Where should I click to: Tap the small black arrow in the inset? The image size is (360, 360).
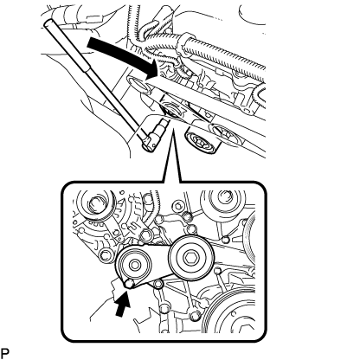(122, 305)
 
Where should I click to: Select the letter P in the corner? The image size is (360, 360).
(5, 353)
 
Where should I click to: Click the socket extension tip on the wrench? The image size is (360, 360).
(163, 125)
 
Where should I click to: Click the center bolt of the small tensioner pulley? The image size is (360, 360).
(134, 264)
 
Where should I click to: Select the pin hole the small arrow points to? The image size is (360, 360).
(129, 284)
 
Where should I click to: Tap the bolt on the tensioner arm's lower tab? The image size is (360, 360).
(157, 285)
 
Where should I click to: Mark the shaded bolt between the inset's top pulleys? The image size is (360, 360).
(186, 215)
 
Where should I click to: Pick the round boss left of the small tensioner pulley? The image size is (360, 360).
(106, 254)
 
